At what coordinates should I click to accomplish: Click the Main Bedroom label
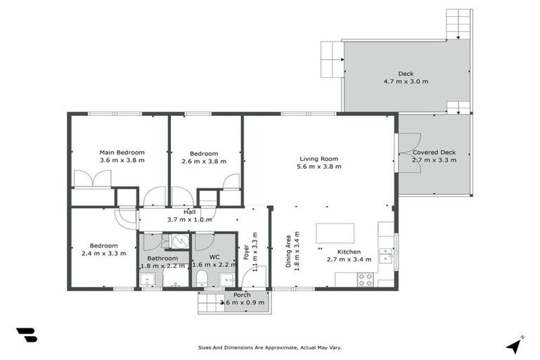(x=122, y=153)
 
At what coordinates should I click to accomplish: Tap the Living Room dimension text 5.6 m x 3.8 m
(x=319, y=167)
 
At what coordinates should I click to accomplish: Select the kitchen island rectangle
(x=335, y=233)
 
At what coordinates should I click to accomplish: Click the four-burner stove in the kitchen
(x=365, y=278)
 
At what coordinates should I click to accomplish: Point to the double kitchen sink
(x=385, y=255)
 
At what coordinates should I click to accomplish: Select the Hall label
(x=190, y=212)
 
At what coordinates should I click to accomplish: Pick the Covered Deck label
(x=434, y=153)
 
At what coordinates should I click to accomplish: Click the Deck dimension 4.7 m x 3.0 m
(x=406, y=82)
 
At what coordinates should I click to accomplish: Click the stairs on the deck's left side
(x=331, y=59)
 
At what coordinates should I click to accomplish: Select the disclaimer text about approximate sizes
(x=270, y=347)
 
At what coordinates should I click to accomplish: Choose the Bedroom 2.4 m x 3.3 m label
(x=103, y=249)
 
